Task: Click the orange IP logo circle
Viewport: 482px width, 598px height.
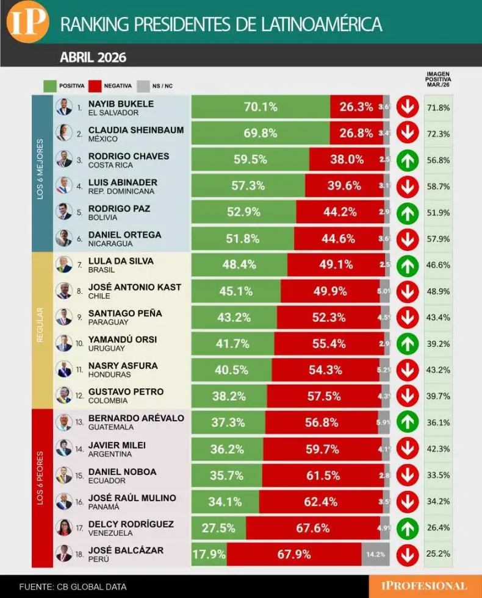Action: pyautogui.click(x=27, y=22)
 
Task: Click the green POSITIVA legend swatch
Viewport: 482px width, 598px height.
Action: pyautogui.click(x=51, y=86)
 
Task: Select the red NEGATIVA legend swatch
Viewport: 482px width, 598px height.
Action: pyautogui.click(x=95, y=86)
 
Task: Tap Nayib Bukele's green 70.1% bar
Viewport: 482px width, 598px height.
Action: pyautogui.click(x=261, y=107)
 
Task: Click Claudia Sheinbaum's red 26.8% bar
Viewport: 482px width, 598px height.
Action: pyautogui.click(x=356, y=133)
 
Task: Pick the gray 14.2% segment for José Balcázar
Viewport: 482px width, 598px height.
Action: pyautogui.click(x=375, y=555)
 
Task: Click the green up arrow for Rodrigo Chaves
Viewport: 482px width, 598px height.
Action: pyautogui.click(x=407, y=160)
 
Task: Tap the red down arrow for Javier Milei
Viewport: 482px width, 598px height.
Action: pyautogui.click(x=407, y=449)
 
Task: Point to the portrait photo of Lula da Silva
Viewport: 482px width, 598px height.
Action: pyautogui.click(x=63, y=265)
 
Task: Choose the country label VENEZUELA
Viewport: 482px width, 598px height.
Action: pyautogui.click(x=110, y=533)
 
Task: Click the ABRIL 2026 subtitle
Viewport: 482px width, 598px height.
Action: pyautogui.click(x=93, y=58)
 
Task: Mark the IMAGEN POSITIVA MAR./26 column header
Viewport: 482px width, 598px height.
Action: pyautogui.click(x=438, y=79)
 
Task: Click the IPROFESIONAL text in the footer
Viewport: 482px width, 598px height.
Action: pyautogui.click(x=424, y=586)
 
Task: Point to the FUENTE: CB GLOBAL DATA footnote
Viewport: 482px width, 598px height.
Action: pyautogui.click(x=73, y=587)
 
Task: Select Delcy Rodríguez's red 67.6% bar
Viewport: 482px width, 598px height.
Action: pyautogui.click(x=312, y=528)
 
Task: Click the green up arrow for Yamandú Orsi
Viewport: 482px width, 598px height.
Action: pyautogui.click(x=407, y=344)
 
